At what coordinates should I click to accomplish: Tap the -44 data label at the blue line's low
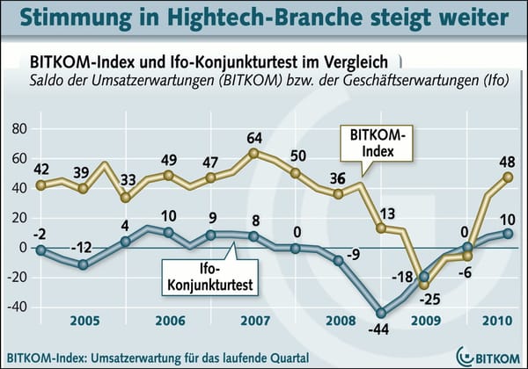[x=380, y=330]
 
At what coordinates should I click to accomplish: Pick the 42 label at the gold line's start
[x=40, y=170]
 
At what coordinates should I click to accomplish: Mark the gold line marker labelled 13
[x=382, y=228]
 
